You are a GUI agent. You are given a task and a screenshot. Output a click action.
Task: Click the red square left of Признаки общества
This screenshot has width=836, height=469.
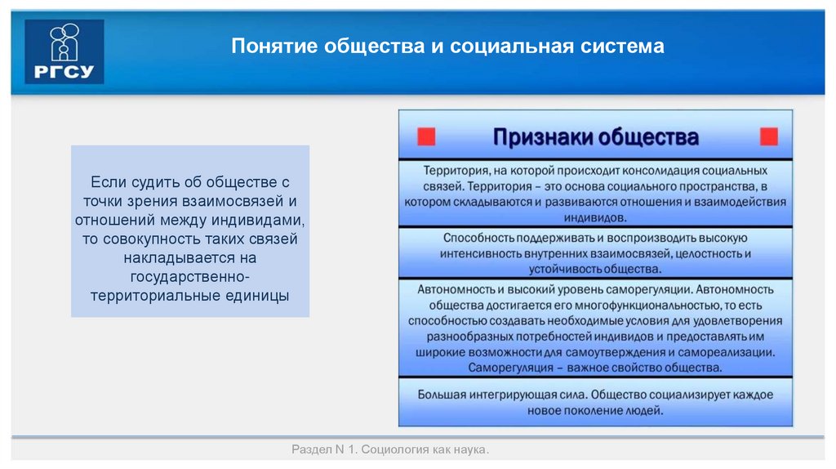pos(426,136)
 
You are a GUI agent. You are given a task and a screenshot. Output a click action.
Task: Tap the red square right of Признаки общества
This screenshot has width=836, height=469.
pos(768,136)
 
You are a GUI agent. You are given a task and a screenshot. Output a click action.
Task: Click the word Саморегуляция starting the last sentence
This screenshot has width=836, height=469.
pos(510,367)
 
